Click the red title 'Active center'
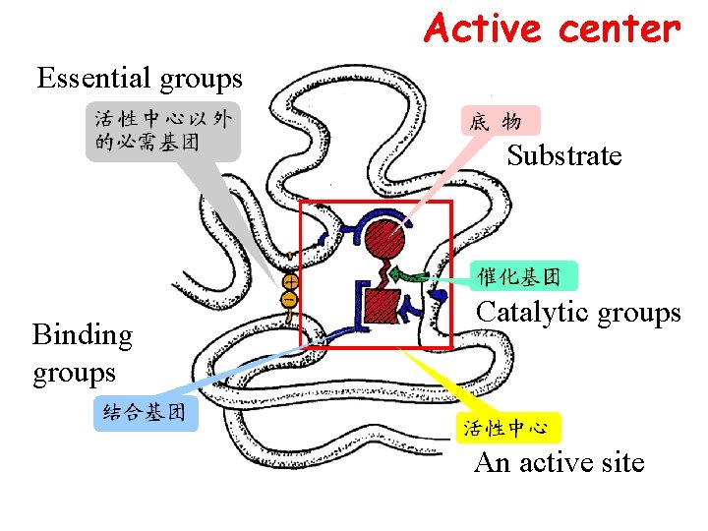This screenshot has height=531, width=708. [x=552, y=29]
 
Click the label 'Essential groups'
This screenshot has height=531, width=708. [x=140, y=77]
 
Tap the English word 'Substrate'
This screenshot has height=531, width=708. [x=564, y=155]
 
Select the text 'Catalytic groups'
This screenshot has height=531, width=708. [x=578, y=313]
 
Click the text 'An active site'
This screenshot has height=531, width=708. [x=559, y=462]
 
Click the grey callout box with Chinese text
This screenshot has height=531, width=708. [x=162, y=131]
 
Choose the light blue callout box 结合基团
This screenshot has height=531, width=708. [x=146, y=413]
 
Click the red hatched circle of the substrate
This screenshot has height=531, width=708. [x=385, y=238]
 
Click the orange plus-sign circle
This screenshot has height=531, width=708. [x=290, y=281]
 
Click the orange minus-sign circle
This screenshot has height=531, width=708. [x=289, y=298]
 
